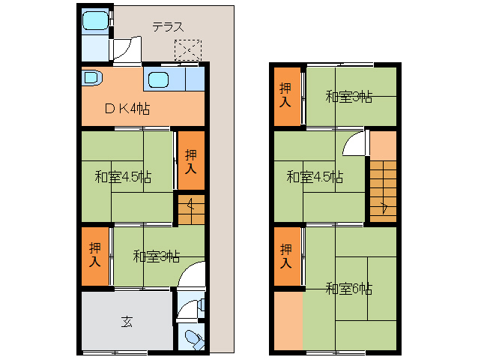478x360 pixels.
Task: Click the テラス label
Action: pyautogui.click(x=169, y=27)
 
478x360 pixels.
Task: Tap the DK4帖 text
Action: pyautogui.click(x=127, y=109)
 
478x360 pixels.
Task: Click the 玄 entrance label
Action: pyautogui.click(x=127, y=322)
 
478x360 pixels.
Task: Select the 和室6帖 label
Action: pyautogui.click(x=349, y=288)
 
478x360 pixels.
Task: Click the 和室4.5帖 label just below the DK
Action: pyautogui.click(x=123, y=177)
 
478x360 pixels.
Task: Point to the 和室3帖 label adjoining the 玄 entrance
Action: pyautogui.click(x=157, y=256)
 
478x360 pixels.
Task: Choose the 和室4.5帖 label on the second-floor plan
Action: pyautogui.click(x=315, y=177)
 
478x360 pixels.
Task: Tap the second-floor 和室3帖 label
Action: pyautogui.click(x=349, y=97)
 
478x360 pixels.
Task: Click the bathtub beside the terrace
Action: pyautogui.click(x=95, y=20)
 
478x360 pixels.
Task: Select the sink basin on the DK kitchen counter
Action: pyautogui.click(x=159, y=80)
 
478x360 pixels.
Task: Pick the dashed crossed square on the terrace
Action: pyautogui.click(x=188, y=50)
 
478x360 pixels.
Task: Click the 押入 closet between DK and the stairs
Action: pyautogui.click(x=191, y=161)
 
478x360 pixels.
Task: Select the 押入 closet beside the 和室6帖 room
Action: pyautogui.click(x=287, y=256)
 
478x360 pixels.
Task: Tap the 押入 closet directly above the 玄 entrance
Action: pyautogui.click(x=95, y=256)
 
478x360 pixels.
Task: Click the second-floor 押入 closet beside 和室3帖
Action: pyautogui.click(x=287, y=96)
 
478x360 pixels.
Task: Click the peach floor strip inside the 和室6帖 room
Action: pyautogui.click(x=288, y=321)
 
